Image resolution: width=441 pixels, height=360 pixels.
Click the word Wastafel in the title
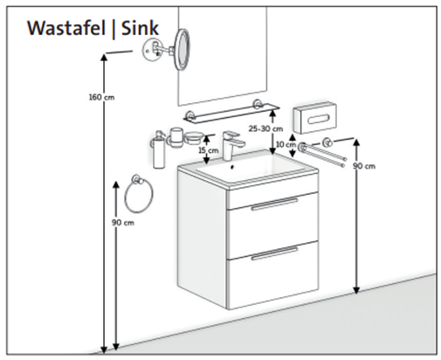pyautogui.click(x=66, y=28)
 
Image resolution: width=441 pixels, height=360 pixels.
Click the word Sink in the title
pyautogui.click(x=140, y=28)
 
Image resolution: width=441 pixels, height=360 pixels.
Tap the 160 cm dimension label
pyautogui.click(x=101, y=97)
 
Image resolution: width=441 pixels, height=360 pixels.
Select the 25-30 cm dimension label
pyautogui.click(x=265, y=128)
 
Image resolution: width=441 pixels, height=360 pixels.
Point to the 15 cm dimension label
pyautogui.click(x=209, y=150)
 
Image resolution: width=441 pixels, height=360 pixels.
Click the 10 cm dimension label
pyautogui.click(x=286, y=144)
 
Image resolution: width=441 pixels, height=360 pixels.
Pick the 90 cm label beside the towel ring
pyautogui.click(x=123, y=223)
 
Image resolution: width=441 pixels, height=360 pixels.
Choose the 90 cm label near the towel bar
pyautogui.click(x=364, y=166)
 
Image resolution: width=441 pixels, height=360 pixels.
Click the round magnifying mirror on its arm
pyautogui.click(x=182, y=50)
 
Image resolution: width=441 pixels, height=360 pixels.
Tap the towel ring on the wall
pyautogui.click(x=139, y=194)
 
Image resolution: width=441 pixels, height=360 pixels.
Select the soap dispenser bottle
pyautogui.click(x=159, y=149)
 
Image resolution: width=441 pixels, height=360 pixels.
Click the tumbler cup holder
pyautogui.click(x=176, y=137)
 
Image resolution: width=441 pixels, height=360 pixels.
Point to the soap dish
pyautogui.click(x=192, y=138)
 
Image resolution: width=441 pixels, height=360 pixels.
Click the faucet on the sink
pyautogui.click(x=231, y=145)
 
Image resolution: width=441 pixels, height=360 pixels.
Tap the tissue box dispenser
pyautogui.click(x=314, y=118)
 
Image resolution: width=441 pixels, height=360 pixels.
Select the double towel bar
pyautogui.click(x=322, y=152)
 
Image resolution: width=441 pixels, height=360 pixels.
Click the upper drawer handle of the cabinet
pyautogui.click(x=274, y=204)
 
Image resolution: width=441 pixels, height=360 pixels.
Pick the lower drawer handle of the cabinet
pyautogui.click(x=274, y=253)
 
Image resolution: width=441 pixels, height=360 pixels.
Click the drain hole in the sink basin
pyautogui.click(x=232, y=167)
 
